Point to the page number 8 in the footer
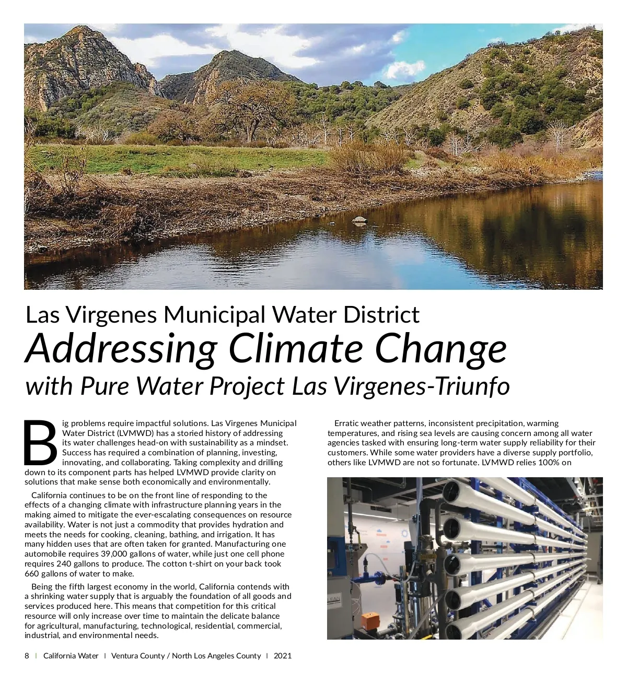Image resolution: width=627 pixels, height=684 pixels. click(x=27, y=656)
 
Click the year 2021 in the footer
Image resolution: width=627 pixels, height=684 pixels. click(x=283, y=656)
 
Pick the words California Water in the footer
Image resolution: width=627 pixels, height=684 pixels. click(x=71, y=656)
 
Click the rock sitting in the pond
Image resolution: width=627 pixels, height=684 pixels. click(x=359, y=220)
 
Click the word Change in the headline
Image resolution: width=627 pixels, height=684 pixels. click(x=440, y=348)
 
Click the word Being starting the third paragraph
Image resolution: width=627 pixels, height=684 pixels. click(x=42, y=587)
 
